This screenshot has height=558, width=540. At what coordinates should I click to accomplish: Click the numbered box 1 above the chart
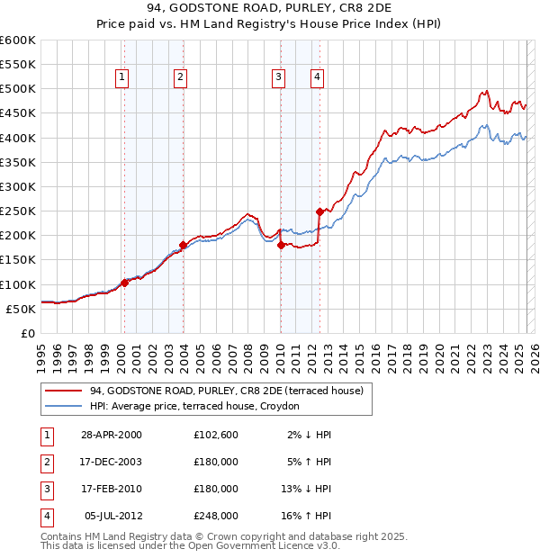point(121,78)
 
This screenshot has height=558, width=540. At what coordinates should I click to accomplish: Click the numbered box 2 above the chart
point(181,78)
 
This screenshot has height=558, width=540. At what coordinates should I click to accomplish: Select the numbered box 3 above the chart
point(279,78)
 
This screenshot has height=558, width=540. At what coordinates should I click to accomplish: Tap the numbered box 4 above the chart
point(318,78)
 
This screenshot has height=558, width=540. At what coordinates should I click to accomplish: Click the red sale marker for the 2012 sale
point(319,211)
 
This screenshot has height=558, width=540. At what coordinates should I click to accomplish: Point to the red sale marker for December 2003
point(183,245)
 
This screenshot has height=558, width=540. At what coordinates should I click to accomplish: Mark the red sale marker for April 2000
point(124,283)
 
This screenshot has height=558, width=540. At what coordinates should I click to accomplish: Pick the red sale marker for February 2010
point(281,245)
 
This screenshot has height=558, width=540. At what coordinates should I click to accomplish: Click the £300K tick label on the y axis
point(17,186)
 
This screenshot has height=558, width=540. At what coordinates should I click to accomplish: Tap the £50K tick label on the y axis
point(20,309)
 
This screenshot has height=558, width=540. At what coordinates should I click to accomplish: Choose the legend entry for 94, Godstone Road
point(226,391)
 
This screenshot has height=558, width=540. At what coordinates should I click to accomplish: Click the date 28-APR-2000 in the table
point(111,435)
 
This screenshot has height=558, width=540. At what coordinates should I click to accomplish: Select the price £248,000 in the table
point(216,516)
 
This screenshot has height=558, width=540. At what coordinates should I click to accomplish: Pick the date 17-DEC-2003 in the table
point(111,462)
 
